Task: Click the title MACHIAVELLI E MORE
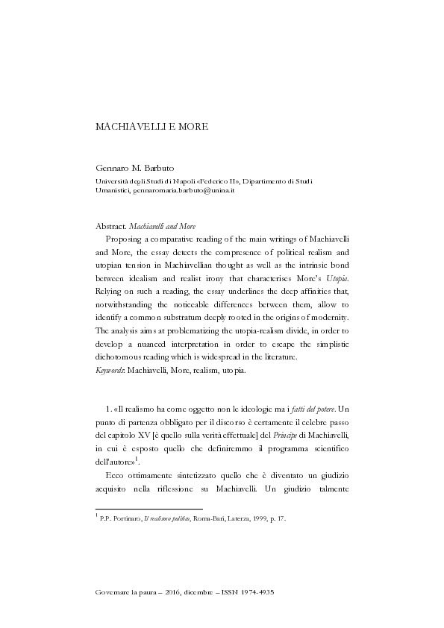point(152,126)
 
